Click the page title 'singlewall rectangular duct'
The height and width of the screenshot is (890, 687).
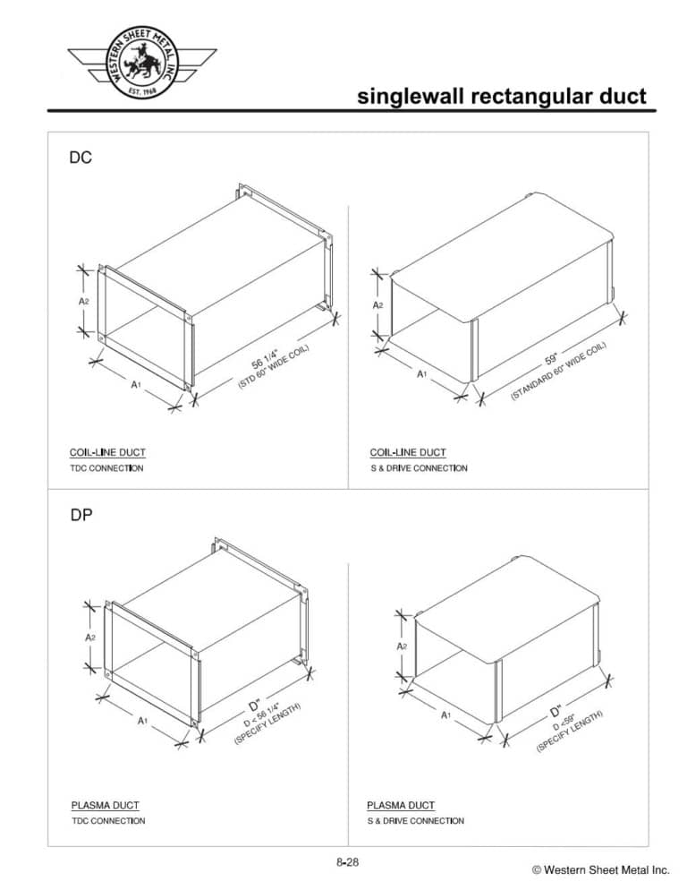pyautogui.click(x=501, y=97)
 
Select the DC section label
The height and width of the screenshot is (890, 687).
pyautogui.click(x=81, y=158)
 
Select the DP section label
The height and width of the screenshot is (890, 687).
pyautogui.click(x=81, y=516)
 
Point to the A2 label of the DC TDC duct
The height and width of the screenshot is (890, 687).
pyautogui.click(x=82, y=302)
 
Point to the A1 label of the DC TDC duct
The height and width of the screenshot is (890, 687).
pyautogui.click(x=136, y=384)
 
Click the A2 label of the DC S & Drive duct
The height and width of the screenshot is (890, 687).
pyautogui.click(x=378, y=305)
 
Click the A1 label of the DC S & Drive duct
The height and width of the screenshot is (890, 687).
pyautogui.click(x=421, y=374)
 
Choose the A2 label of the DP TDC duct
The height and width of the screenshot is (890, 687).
pyautogui.click(x=90, y=638)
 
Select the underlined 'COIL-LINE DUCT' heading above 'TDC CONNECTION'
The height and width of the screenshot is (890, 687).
pyautogui.click(x=107, y=452)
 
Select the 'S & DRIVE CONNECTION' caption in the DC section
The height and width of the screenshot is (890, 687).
pyautogui.click(x=418, y=468)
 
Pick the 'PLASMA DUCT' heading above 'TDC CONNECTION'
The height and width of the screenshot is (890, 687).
pyautogui.click(x=105, y=805)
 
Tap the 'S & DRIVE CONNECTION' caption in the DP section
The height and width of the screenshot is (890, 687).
pyautogui.click(x=415, y=821)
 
